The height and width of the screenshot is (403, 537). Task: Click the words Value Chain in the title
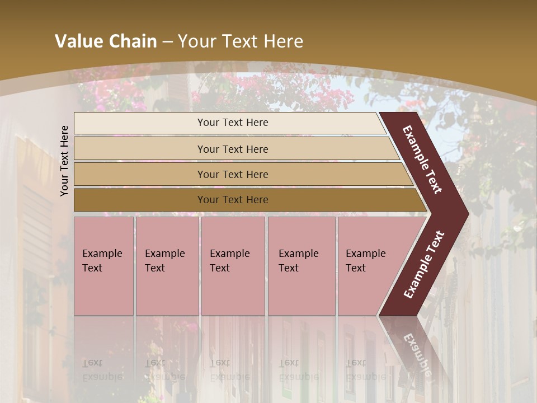click(106, 41)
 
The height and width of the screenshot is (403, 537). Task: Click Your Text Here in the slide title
click(241, 41)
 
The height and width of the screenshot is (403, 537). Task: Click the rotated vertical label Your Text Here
click(64, 161)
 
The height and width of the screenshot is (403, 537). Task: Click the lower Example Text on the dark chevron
click(424, 265)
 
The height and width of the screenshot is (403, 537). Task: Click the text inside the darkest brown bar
click(233, 200)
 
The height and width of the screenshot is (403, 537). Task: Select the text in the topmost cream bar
click(233, 123)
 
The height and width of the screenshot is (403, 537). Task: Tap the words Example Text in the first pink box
click(102, 261)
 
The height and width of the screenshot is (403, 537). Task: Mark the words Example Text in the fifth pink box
click(365, 261)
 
